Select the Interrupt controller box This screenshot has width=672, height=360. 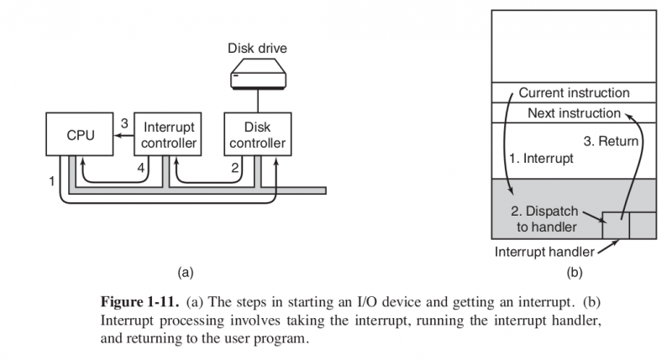coord(169,135)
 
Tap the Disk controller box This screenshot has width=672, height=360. coord(257,135)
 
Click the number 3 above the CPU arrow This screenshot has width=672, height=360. coord(123,123)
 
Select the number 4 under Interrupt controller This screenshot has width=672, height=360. coord(141,169)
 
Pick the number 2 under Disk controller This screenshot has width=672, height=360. coord(236,169)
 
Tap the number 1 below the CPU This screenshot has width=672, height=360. coord(52,181)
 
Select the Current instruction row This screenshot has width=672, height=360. coord(573,92)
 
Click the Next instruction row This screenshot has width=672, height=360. coord(573,113)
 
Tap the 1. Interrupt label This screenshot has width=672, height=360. coord(543,158)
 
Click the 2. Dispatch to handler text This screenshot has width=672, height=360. coord(544,218)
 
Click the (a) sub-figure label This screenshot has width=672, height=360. coord(186,271)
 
